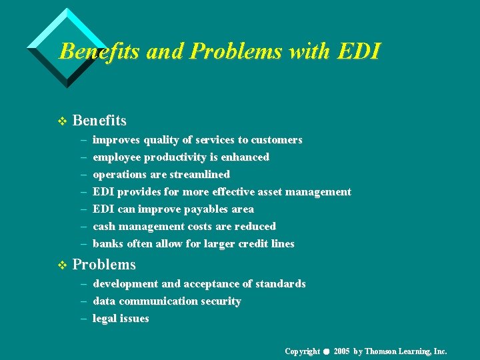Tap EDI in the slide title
357,51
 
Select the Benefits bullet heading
99,121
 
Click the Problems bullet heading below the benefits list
104,265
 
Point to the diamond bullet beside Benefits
63,121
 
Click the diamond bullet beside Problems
63,265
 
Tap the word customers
276,140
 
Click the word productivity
180,157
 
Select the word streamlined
198,175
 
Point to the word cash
105,227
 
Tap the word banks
107,244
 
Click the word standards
281,284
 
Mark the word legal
105,319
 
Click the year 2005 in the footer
342,351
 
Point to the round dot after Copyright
327,351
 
